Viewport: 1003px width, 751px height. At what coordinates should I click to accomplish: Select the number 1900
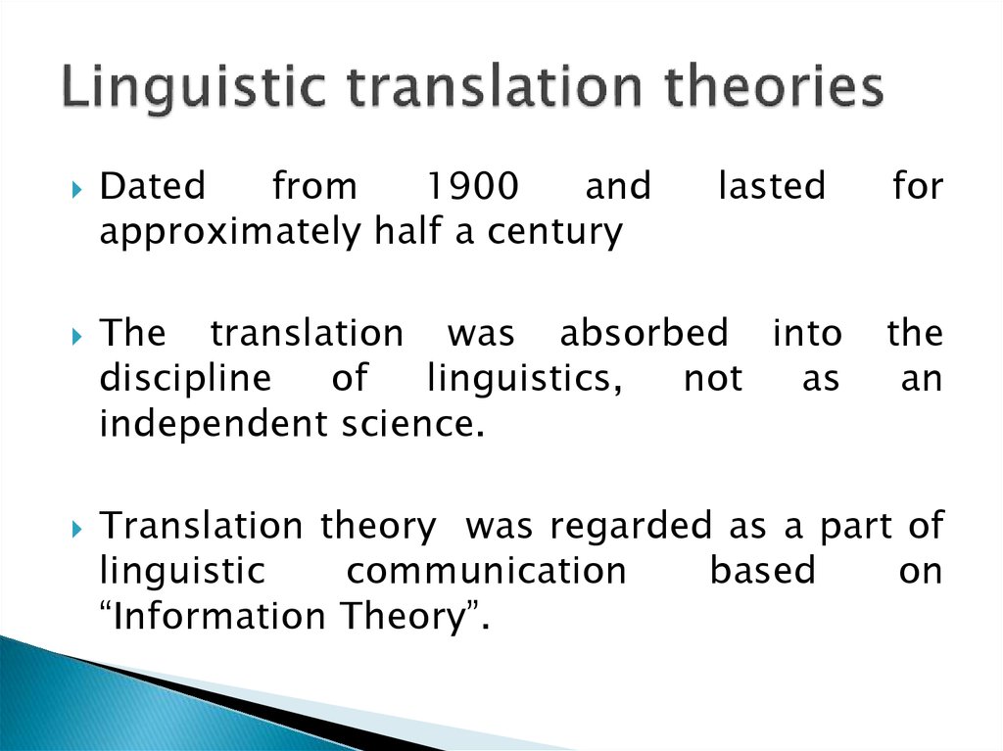(472, 186)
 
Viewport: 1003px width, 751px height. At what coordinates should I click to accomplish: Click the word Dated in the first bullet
(152, 185)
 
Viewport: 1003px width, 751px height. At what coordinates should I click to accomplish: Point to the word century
(554, 232)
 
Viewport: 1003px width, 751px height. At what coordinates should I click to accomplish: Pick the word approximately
(231, 232)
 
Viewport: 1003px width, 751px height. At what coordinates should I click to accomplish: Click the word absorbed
(645, 333)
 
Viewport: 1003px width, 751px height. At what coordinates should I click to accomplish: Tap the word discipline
(185, 379)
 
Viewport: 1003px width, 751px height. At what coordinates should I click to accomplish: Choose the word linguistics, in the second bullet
(525, 379)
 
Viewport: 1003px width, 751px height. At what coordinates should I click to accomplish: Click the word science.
(412, 424)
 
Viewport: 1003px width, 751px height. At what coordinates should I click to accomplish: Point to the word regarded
(631, 527)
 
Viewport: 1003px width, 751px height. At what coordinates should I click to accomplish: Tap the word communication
(486, 571)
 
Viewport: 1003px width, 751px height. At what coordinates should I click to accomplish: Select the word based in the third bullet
(762, 571)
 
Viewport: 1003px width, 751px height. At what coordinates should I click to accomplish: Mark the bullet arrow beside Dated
(77, 189)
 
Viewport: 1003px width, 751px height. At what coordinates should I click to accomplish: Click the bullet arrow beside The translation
(77, 337)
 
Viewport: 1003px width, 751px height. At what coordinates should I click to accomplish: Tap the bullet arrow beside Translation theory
(77, 529)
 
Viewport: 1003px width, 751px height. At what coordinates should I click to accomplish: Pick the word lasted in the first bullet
(772, 185)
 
